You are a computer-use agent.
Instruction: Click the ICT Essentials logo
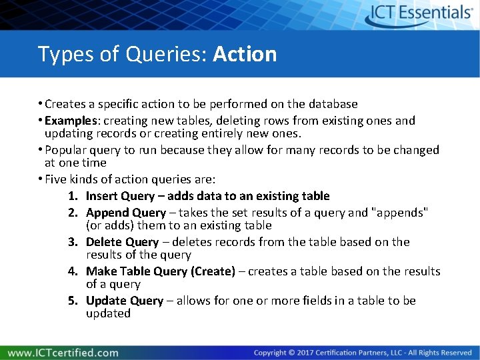coord(420,14)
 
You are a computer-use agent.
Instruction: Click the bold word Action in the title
coord(245,54)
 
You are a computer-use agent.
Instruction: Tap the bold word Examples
coord(73,121)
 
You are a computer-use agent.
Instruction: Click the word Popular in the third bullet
coord(66,150)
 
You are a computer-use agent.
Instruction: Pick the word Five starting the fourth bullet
coord(56,179)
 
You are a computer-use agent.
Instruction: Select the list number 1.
coord(73,196)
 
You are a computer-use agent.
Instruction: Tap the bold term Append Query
coord(126,213)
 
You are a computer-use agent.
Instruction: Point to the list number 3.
coord(73,242)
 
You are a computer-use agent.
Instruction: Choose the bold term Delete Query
coord(123,242)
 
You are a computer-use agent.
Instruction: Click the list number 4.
coord(73,271)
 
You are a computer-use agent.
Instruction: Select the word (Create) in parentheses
coord(213,271)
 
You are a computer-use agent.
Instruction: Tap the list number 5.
coord(73,301)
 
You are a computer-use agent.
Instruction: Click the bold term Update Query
coord(125,301)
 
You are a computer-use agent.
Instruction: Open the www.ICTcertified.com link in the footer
coord(63,353)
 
